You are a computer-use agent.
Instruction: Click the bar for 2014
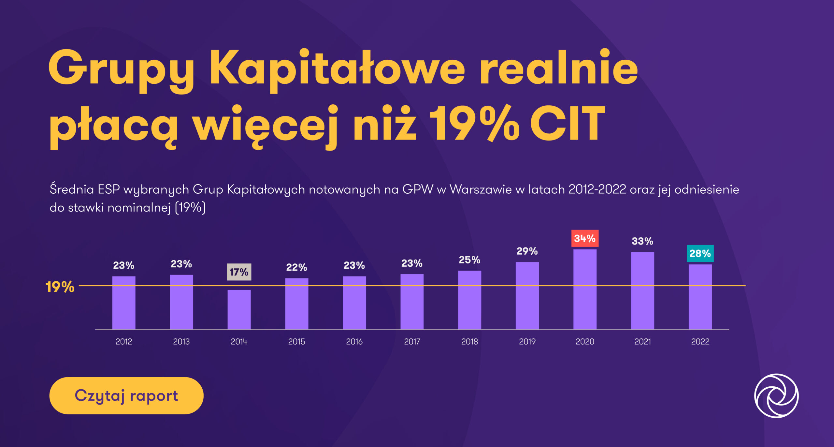(x=239, y=309)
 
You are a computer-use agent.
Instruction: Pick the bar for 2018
(x=469, y=300)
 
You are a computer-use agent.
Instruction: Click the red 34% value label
(x=585, y=238)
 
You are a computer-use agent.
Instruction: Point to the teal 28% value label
(x=700, y=253)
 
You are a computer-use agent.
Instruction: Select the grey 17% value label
(x=239, y=272)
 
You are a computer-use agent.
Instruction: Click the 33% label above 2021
(x=642, y=241)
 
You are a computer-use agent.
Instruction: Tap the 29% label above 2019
(x=527, y=251)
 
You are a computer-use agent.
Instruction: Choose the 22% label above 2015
(x=296, y=267)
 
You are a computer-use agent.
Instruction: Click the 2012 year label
(x=124, y=341)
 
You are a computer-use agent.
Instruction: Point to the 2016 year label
(x=354, y=341)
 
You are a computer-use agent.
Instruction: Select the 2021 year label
(x=642, y=341)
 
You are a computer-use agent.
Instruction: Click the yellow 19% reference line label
(x=60, y=287)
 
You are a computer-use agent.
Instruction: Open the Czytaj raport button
(x=126, y=395)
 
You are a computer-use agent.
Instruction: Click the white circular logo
(x=776, y=395)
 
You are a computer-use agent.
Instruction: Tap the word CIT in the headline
(x=567, y=124)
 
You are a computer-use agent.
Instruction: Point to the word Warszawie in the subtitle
(x=481, y=189)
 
